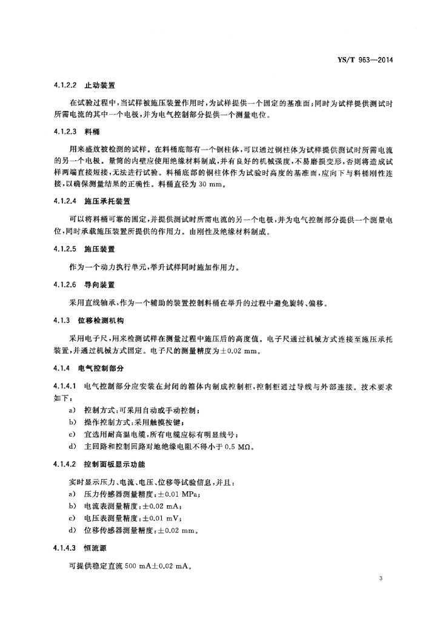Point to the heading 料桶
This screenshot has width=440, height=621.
pos(92,131)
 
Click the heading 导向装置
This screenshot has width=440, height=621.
pos(99,284)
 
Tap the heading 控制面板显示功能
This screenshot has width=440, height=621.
pos(115,465)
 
